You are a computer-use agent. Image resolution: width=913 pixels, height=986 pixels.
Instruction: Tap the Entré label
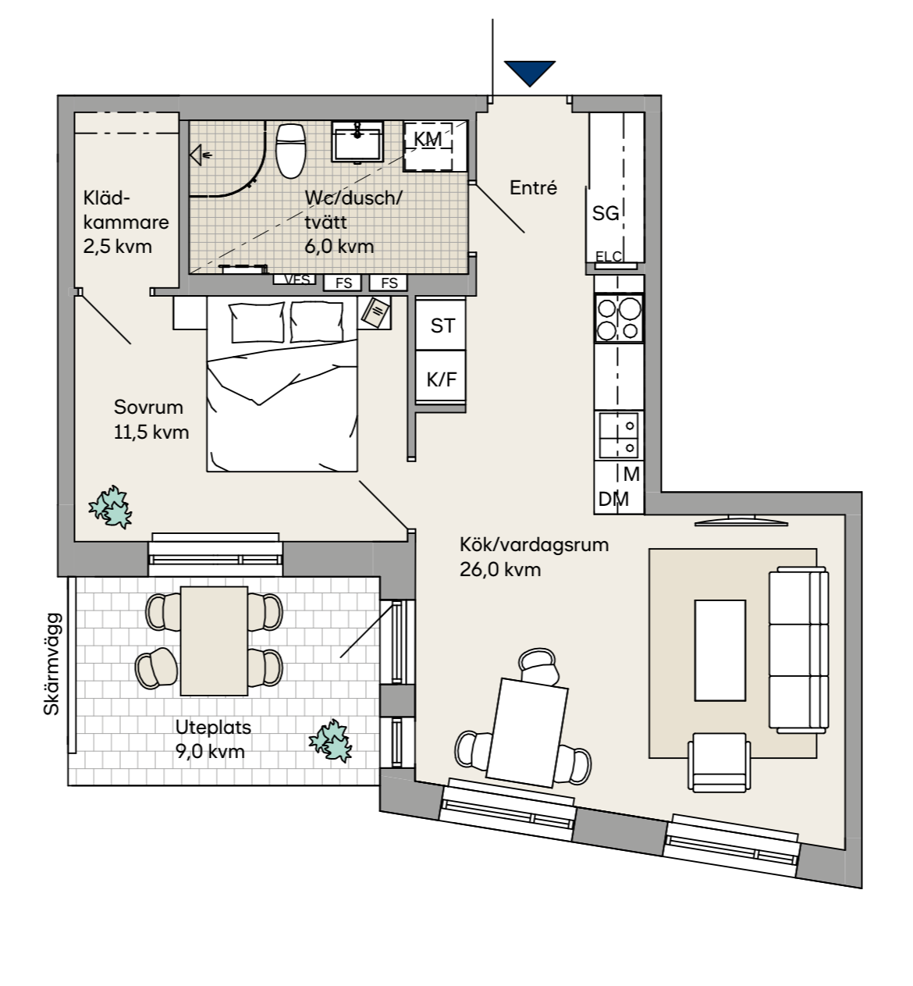point(533,187)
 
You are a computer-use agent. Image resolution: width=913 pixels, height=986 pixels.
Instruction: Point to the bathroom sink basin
point(357,141)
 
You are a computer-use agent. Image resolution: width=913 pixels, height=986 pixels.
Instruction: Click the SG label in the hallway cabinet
point(606,213)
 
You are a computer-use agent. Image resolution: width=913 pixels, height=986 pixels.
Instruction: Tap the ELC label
point(609,256)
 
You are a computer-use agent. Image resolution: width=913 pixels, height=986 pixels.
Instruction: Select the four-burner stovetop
point(619,319)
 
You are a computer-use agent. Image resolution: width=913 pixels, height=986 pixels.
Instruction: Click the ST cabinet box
point(442,326)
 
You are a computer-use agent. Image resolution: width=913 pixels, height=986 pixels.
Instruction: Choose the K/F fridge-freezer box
point(442,379)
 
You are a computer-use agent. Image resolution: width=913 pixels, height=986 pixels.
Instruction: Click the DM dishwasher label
point(613,499)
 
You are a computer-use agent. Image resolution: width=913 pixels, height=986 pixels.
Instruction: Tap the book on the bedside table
point(376,313)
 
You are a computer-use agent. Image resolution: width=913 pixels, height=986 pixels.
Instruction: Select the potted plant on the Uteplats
point(331,740)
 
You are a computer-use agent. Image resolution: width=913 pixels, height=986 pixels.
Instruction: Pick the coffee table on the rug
point(720,650)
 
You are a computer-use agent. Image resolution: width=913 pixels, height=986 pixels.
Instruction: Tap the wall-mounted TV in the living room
point(737,519)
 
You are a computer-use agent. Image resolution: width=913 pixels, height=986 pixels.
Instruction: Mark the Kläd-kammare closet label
point(125,222)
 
